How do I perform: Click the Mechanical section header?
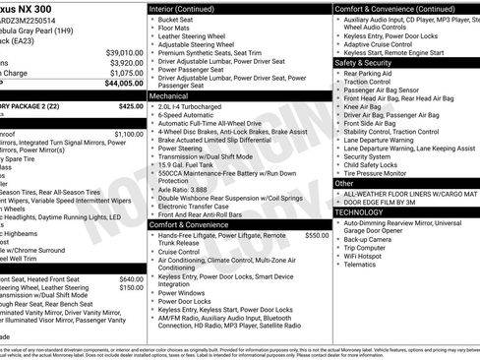click(169, 97)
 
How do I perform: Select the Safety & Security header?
click(364, 61)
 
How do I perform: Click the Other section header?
click(344, 183)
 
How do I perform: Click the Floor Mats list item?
click(173, 30)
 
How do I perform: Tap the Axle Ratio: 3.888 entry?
click(184, 189)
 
